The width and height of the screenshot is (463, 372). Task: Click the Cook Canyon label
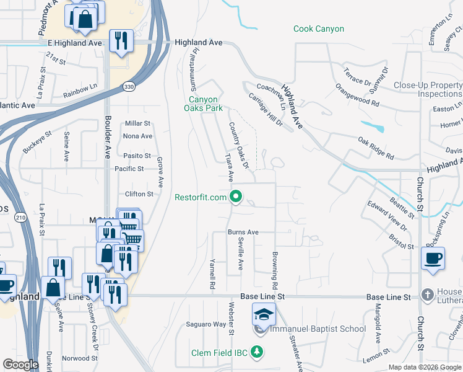(x=319, y=29)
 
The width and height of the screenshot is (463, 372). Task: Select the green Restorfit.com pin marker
(x=236, y=198)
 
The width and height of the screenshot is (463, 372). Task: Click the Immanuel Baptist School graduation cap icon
(x=264, y=315)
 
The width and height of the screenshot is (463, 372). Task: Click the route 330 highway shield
(x=128, y=86)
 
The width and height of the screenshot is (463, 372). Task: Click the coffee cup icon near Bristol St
(x=433, y=257)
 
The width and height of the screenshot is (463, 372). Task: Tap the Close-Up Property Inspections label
(x=428, y=89)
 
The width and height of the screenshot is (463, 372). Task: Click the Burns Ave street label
(x=243, y=232)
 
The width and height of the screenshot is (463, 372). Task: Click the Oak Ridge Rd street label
(x=376, y=149)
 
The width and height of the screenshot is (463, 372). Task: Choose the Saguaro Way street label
(x=206, y=324)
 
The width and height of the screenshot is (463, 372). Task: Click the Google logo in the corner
(x=20, y=365)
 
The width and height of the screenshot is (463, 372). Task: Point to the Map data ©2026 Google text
(x=425, y=367)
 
